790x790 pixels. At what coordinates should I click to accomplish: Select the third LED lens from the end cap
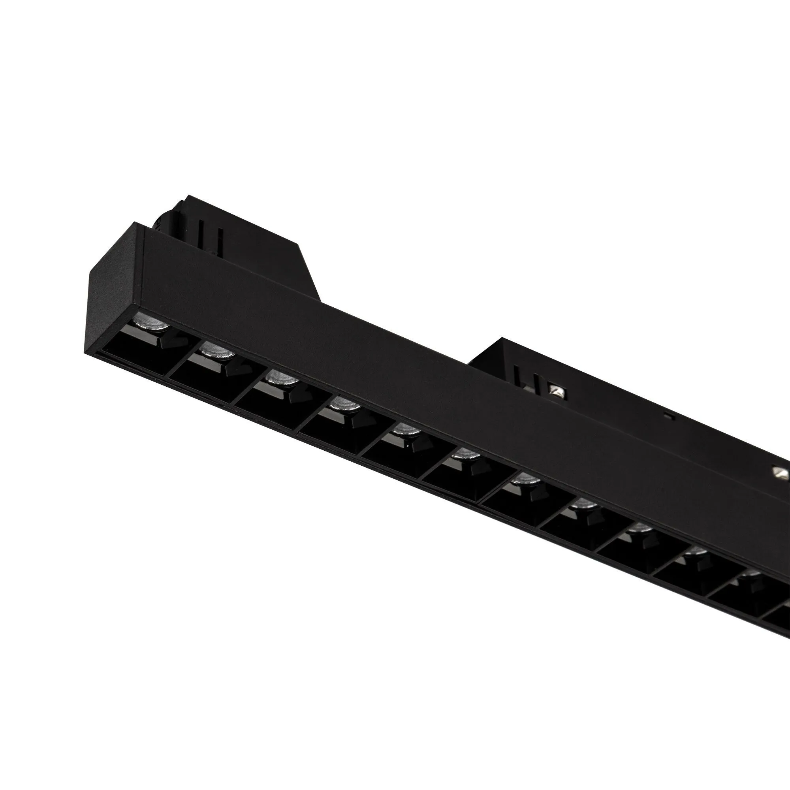tap(281, 378)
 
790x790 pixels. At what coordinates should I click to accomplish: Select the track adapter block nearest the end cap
tap(229, 241)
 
